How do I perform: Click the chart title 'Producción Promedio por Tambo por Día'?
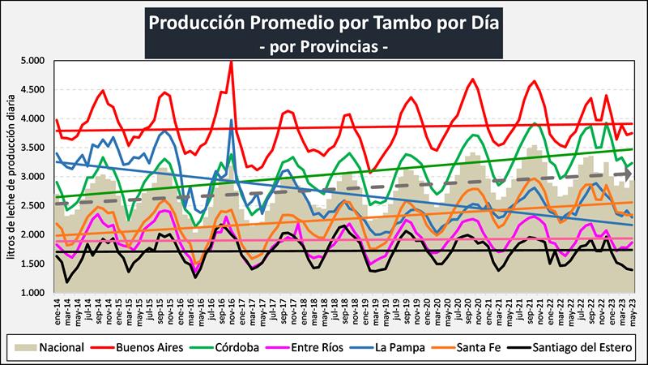(324, 22)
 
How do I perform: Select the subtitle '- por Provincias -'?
(324, 47)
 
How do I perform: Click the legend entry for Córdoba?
(258, 348)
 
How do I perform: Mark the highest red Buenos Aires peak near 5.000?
(231, 62)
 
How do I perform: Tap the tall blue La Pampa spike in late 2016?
(232, 121)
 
